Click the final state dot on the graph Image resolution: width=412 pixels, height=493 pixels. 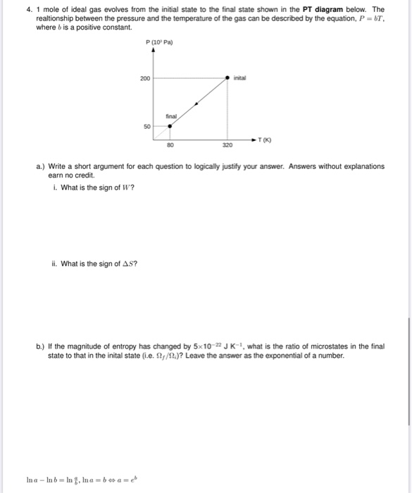click(x=169, y=127)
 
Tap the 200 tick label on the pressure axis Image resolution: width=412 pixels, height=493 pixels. click(x=144, y=77)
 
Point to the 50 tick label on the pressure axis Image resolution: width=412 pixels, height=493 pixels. click(x=146, y=127)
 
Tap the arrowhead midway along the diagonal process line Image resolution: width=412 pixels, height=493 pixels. click(x=196, y=103)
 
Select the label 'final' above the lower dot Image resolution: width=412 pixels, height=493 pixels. click(x=171, y=116)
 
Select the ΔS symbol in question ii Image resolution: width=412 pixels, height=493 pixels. click(x=129, y=264)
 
